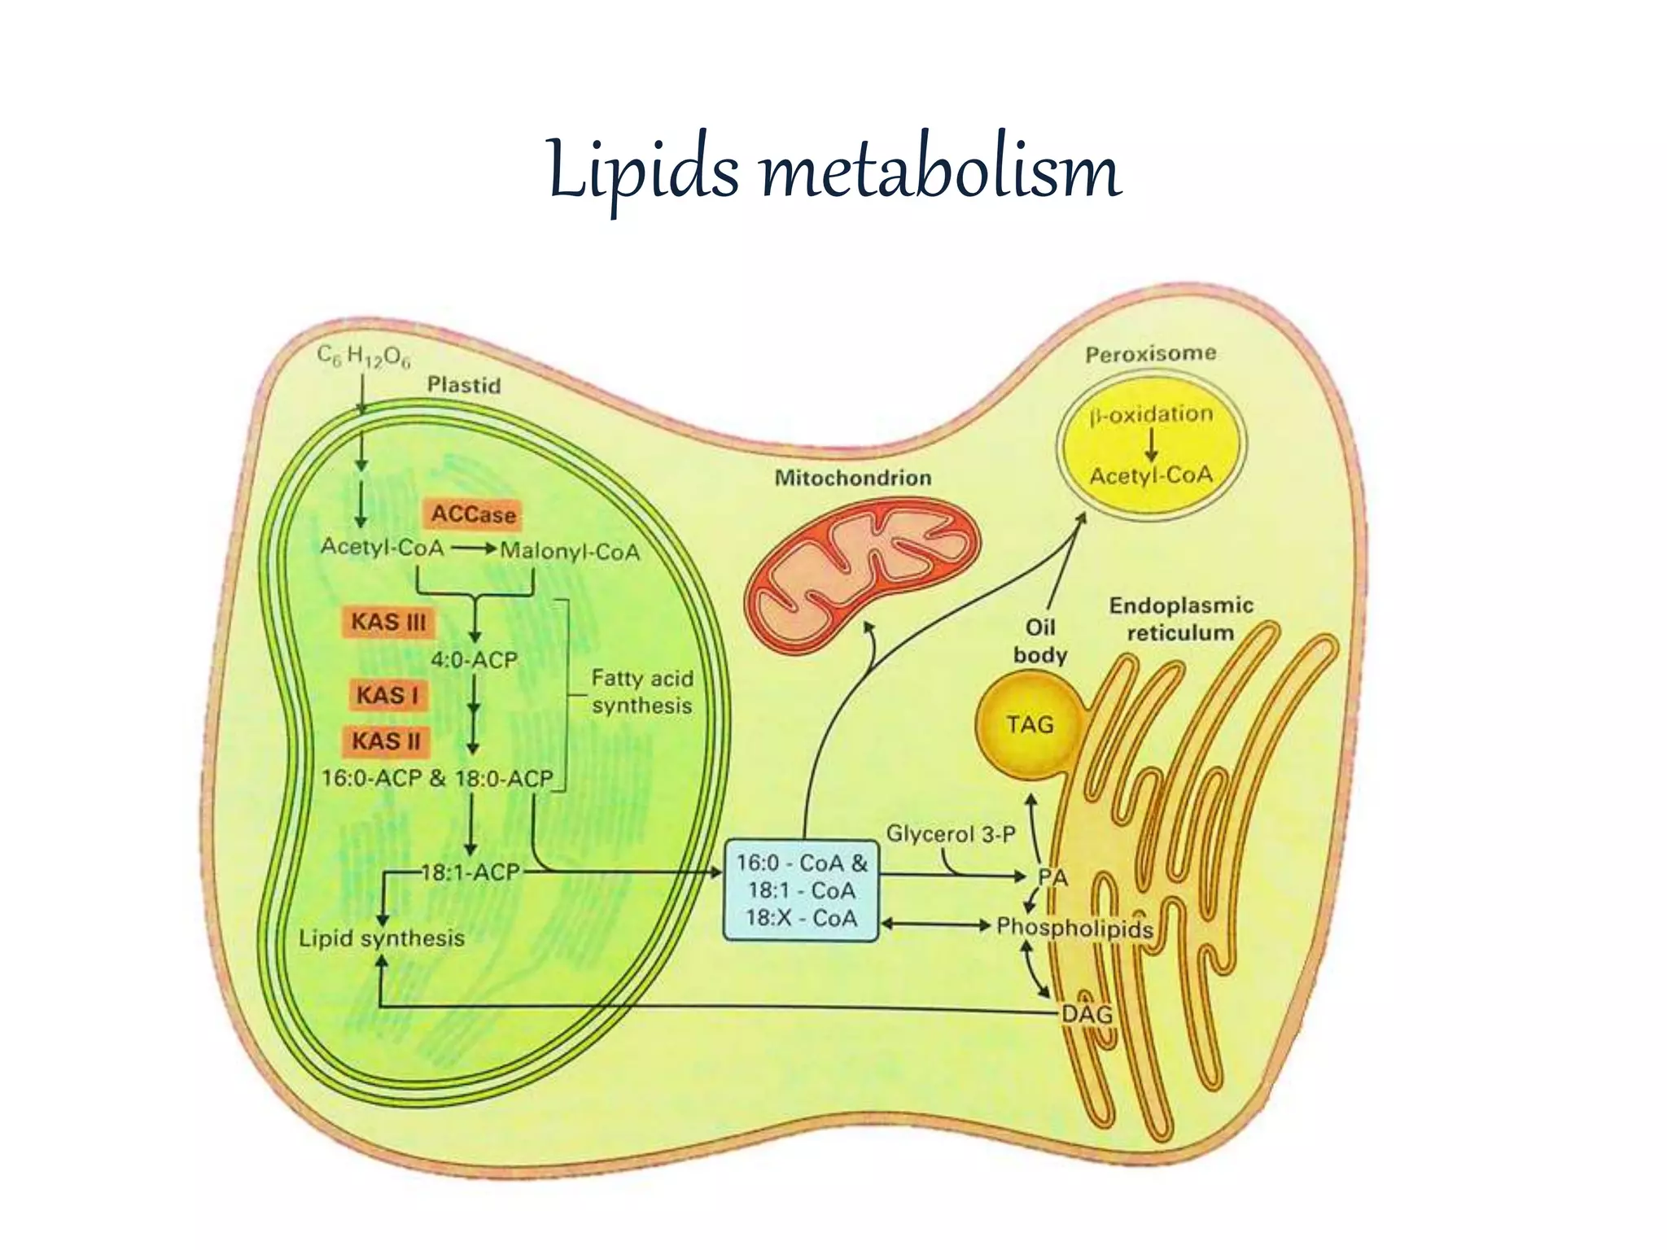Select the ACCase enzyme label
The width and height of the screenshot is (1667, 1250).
click(473, 514)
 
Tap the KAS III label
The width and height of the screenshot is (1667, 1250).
click(388, 623)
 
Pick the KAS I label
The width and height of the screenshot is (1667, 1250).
click(387, 696)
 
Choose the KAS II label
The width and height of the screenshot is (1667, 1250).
click(386, 741)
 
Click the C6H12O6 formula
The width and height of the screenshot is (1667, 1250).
click(364, 356)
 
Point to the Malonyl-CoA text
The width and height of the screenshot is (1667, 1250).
click(570, 552)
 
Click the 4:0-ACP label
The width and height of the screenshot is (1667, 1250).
click(474, 659)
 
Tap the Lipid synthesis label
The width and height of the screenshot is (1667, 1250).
click(381, 938)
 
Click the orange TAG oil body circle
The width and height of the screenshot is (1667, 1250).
click(1029, 724)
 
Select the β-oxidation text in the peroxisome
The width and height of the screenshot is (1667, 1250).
click(1151, 415)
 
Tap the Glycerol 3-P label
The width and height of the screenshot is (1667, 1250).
click(951, 834)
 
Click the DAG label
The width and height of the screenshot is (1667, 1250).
click(1087, 1014)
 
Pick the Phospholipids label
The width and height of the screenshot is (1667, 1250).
click(1074, 927)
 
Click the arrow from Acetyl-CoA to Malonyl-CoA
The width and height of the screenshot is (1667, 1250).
click(474, 549)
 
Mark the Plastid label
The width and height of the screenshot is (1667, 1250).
click(464, 385)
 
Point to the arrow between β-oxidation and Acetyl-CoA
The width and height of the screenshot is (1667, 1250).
click(1151, 444)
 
